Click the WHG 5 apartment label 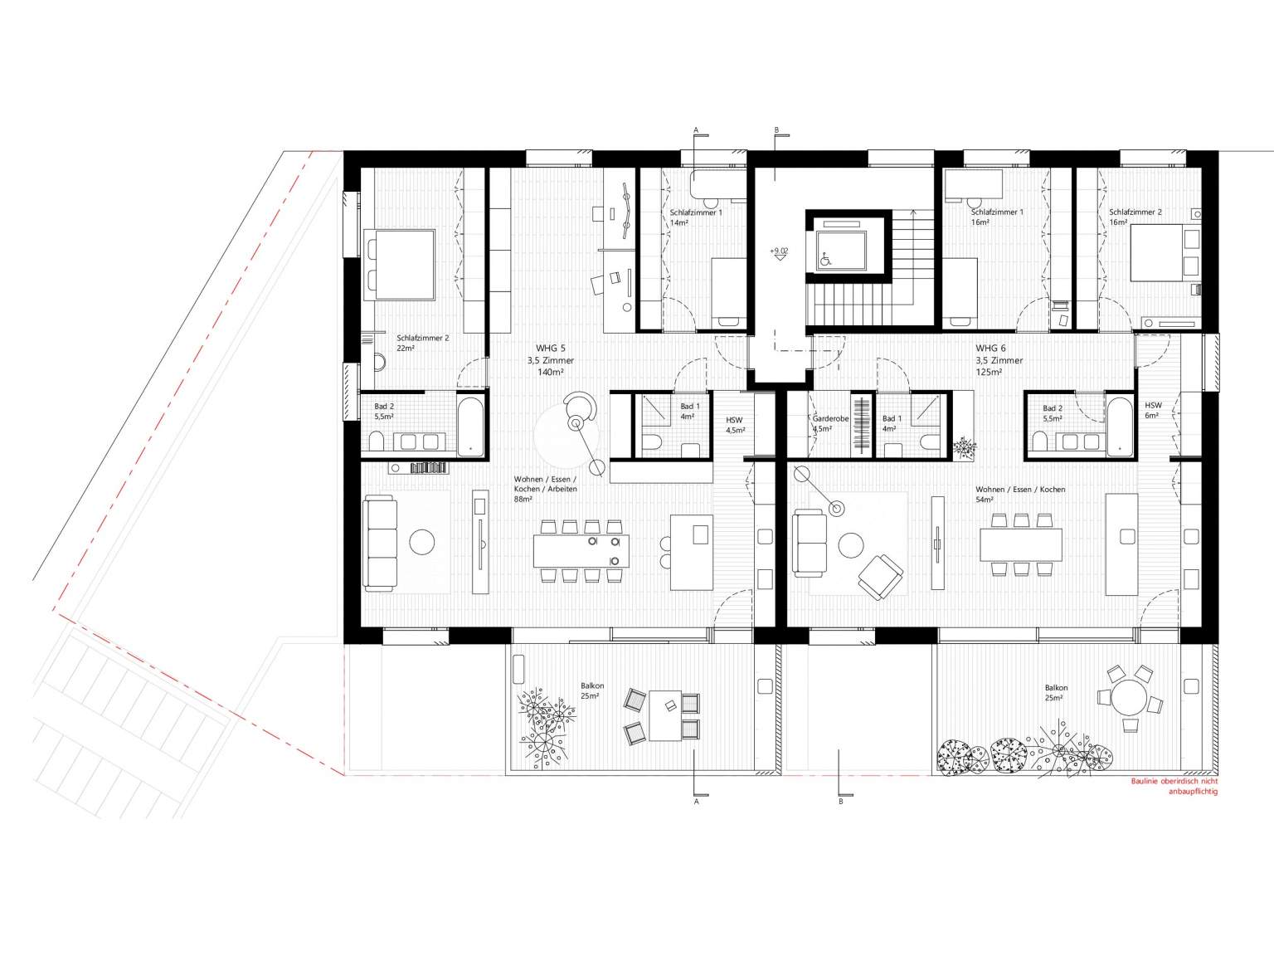(x=550, y=349)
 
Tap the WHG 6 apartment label (x=990, y=349)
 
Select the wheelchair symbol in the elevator (x=824, y=259)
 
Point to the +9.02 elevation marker (x=779, y=251)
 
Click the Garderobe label (x=830, y=418)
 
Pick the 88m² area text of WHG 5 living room (x=523, y=500)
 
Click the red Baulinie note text (x=1174, y=787)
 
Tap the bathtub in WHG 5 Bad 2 (x=469, y=426)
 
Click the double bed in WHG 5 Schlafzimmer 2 (x=399, y=265)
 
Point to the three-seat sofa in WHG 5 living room (x=380, y=544)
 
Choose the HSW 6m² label (x=1153, y=411)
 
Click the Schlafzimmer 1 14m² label (x=696, y=217)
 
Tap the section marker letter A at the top (x=696, y=130)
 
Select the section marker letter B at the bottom (x=840, y=802)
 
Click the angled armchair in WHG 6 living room (x=881, y=577)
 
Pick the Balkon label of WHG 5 (x=592, y=685)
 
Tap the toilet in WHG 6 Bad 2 (x=1039, y=441)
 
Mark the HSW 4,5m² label (x=735, y=426)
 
